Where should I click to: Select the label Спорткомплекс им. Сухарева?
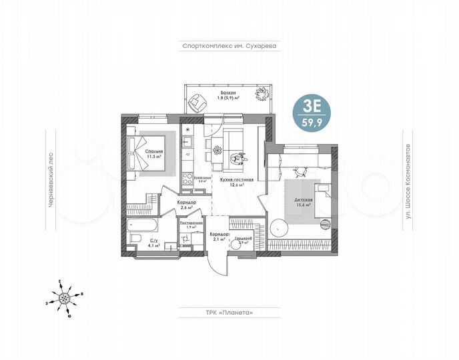(229, 46)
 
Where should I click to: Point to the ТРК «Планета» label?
(229, 311)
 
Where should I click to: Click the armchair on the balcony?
(197, 102)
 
